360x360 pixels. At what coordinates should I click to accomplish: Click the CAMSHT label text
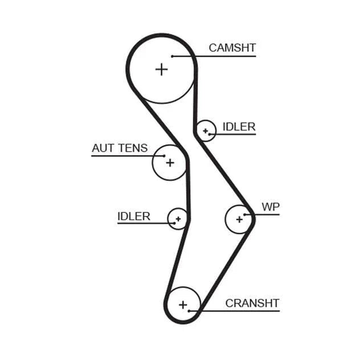click(x=232, y=48)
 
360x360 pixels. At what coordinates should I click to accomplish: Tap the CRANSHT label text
click(x=253, y=303)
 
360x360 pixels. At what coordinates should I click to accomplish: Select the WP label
click(x=271, y=207)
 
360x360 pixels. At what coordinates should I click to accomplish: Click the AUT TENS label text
click(x=119, y=148)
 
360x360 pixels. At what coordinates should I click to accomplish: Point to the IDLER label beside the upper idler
click(x=239, y=127)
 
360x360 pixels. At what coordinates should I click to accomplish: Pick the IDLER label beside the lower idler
click(x=134, y=216)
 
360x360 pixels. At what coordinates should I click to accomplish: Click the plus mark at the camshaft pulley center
click(x=161, y=70)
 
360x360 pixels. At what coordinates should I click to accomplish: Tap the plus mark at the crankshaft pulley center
click(x=183, y=305)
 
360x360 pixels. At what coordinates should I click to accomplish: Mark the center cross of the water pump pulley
click(x=239, y=220)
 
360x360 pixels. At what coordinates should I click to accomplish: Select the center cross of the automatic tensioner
click(x=170, y=163)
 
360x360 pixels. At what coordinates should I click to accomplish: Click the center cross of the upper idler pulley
click(x=205, y=131)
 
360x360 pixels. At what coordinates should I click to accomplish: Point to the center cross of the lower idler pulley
click(x=178, y=219)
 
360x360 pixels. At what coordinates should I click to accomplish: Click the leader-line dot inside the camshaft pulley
click(x=172, y=56)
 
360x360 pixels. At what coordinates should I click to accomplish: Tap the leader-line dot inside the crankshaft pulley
click(x=189, y=311)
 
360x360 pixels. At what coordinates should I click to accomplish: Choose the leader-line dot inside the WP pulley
click(x=245, y=215)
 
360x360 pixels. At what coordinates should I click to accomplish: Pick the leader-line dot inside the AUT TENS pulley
click(x=164, y=156)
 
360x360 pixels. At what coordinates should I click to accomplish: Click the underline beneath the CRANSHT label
click(x=234, y=311)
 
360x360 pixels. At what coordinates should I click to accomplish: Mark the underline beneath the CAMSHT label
click(x=214, y=56)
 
